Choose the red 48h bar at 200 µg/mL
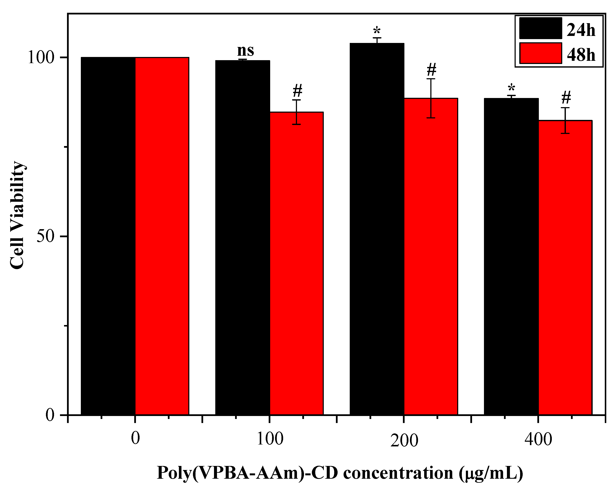(431, 256)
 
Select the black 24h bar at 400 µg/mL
(511, 256)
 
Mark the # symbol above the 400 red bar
(566, 98)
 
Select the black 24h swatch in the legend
(540, 28)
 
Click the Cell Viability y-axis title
(17, 215)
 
